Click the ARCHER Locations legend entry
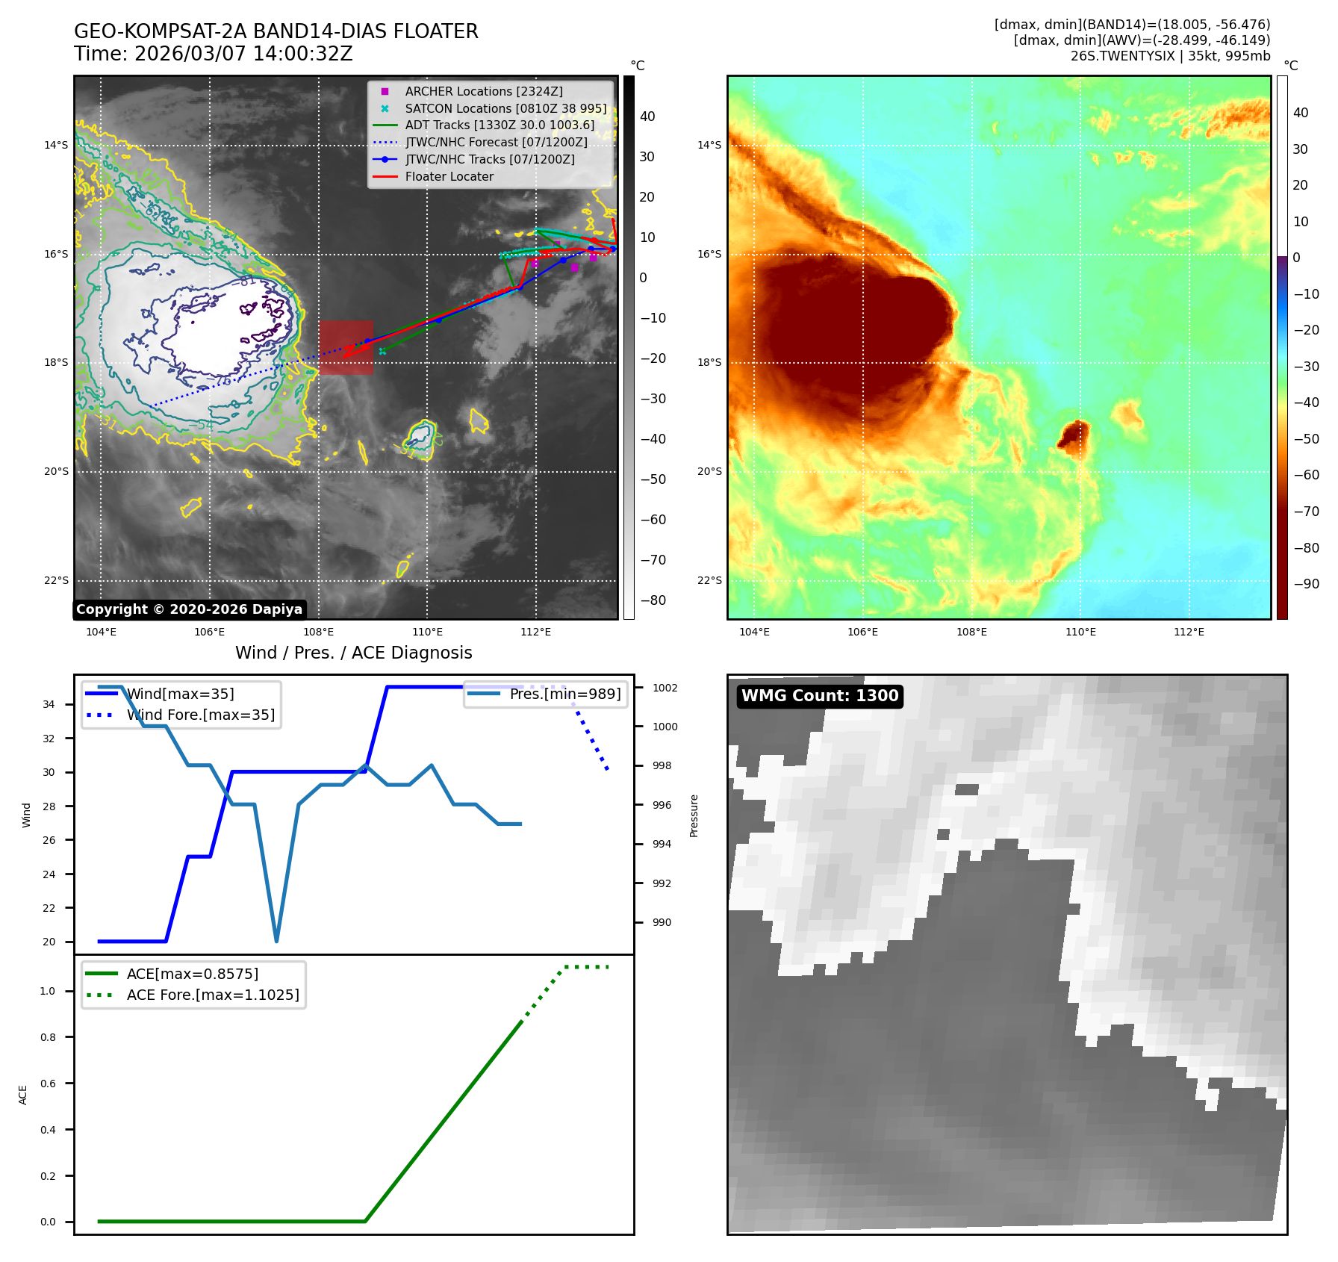(x=483, y=91)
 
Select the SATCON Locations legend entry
(x=505, y=108)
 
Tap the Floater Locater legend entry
(x=449, y=177)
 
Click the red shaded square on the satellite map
(x=346, y=347)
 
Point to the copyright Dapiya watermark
(x=189, y=609)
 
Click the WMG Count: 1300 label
(x=819, y=696)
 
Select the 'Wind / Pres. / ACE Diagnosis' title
(x=353, y=653)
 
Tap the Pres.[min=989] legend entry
(x=564, y=694)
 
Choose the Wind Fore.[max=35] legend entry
(x=200, y=715)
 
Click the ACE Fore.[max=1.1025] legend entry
(x=212, y=995)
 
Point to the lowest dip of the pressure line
(x=276, y=940)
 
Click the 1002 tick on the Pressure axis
(x=665, y=688)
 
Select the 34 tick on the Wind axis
(x=49, y=704)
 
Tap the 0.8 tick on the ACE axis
(x=48, y=1037)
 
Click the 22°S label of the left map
(x=56, y=580)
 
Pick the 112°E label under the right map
(x=1189, y=632)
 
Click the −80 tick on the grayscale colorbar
(x=653, y=600)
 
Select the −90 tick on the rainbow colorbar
(x=1306, y=584)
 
